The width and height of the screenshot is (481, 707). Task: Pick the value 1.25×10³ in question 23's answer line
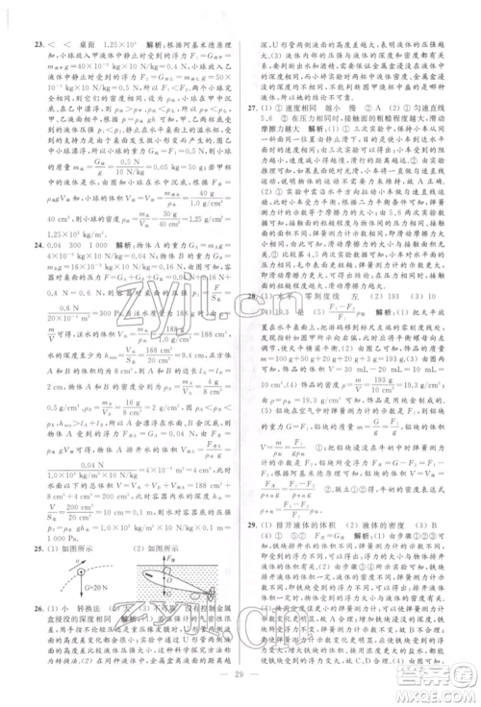[x=130, y=43]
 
